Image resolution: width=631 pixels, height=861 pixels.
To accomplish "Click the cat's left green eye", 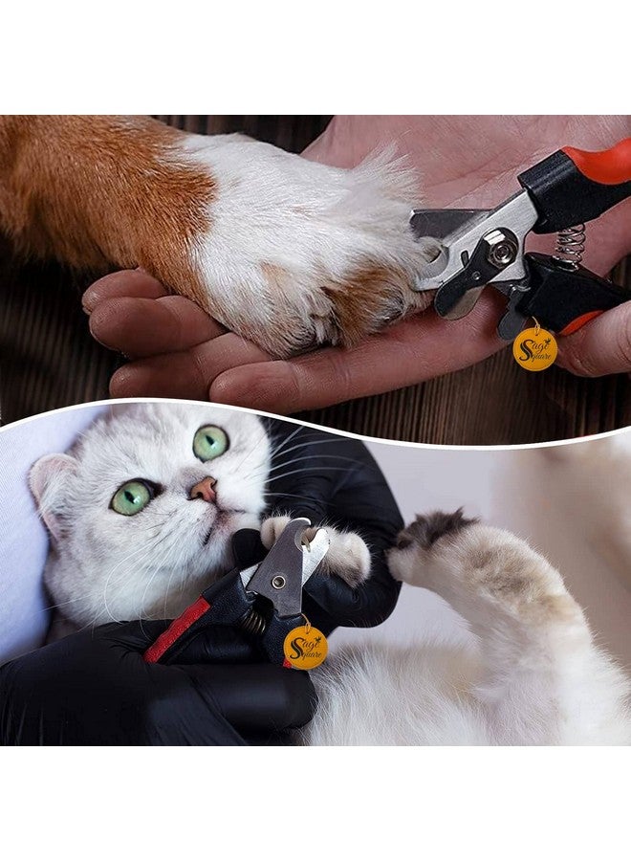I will click(x=132, y=497).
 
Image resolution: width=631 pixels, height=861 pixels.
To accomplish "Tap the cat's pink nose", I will click(x=203, y=490).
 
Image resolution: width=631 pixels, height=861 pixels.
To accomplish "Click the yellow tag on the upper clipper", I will click(x=533, y=348).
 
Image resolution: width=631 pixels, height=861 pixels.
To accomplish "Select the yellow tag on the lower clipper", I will click(x=306, y=647).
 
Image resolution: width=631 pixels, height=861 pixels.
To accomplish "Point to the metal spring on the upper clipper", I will click(x=569, y=243).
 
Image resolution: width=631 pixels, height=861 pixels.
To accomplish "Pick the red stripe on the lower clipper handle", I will click(x=176, y=629).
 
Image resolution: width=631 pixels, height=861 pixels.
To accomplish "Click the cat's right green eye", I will click(x=210, y=442).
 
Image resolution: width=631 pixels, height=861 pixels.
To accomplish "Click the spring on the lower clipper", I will click(x=254, y=622).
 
